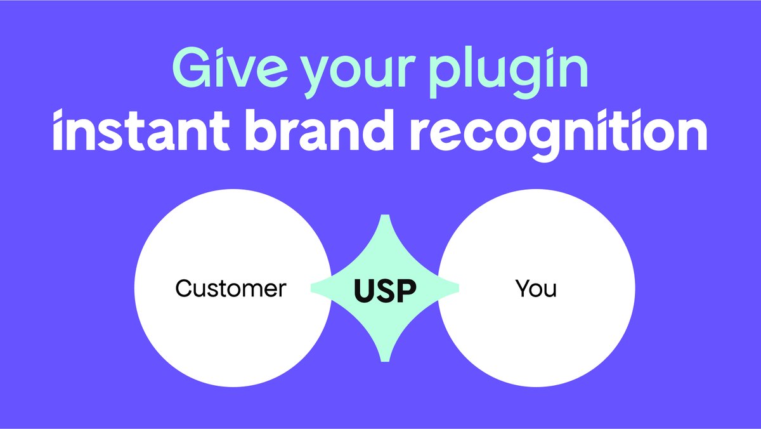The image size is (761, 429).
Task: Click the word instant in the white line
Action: [149, 131]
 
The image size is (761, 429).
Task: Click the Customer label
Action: [231, 289]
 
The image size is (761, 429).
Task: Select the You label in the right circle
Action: [536, 289]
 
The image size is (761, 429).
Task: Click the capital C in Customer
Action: [185, 289]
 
